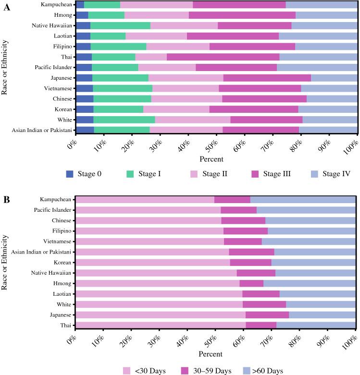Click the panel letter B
click(x=6, y=197)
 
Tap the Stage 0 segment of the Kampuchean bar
click(x=80, y=4)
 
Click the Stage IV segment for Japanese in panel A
click(x=334, y=78)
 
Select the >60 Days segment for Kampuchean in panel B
click(x=303, y=199)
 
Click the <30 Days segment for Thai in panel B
click(x=161, y=325)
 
